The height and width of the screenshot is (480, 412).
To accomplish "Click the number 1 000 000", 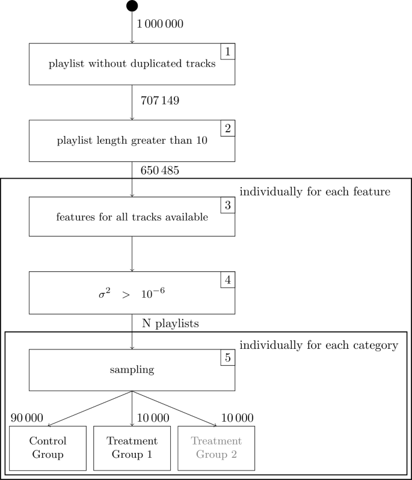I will (160, 25).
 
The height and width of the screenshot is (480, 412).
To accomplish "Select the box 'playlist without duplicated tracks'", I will (132, 65).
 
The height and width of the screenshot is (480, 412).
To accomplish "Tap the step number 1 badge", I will (227, 52).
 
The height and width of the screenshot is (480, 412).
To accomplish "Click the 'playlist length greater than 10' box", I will (132, 141).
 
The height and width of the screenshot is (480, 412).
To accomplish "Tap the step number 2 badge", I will (227, 128).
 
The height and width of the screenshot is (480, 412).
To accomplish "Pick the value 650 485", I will (159, 170).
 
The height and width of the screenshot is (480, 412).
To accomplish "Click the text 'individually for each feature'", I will (315, 192).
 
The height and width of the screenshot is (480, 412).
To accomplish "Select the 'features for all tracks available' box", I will (132, 218).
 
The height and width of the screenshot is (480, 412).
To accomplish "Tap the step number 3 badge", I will (227, 205).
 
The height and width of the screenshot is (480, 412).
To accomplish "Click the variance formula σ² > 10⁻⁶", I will (132, 294).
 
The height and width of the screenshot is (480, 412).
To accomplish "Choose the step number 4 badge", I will (227, 280).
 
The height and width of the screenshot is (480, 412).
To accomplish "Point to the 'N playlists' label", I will (170, 324).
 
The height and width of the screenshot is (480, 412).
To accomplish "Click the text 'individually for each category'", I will (319, 346).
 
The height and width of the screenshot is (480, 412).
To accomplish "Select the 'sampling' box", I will (132, 370).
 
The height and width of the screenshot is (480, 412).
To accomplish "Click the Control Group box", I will (48, 448).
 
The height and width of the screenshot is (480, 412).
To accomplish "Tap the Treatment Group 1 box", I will (132, 448).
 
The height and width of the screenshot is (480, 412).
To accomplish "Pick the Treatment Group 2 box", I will (217, 448).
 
